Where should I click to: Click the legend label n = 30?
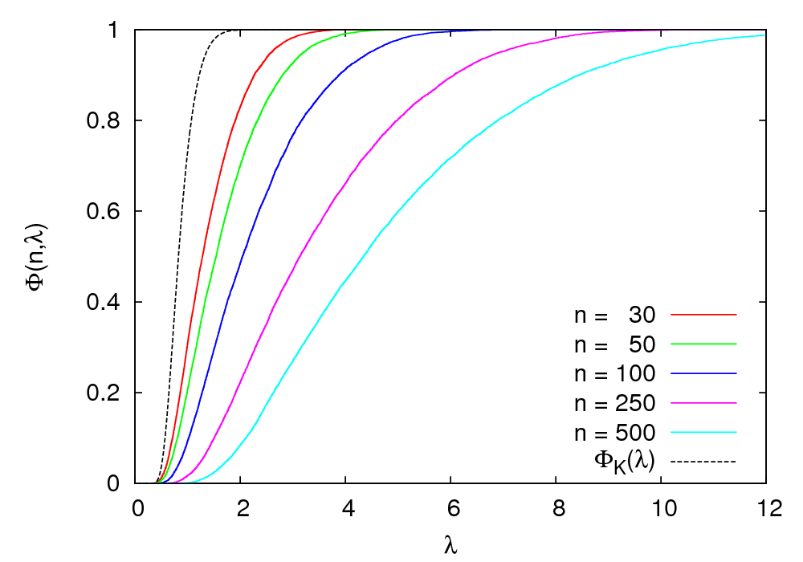614,316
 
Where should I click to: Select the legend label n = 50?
614,345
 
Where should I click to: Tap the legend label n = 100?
614,374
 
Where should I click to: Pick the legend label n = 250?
614,404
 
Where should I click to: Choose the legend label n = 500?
614,434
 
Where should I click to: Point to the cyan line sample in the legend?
703,433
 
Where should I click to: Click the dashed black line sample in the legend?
703,462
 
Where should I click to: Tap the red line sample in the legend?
703,316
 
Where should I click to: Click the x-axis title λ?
450,545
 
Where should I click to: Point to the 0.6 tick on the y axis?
108,212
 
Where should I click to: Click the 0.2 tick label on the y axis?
108,393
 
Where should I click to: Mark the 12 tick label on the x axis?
766,508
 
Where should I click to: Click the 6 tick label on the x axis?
450,508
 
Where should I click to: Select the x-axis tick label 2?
240,508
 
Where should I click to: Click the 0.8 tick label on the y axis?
108,121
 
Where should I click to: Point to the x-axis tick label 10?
661,508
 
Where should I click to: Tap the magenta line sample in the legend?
703,404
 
